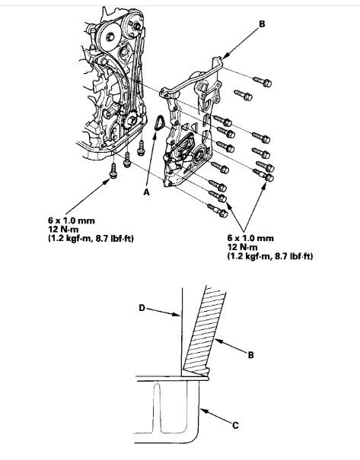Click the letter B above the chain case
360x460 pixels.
262,24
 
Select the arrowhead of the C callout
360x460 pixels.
202,409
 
